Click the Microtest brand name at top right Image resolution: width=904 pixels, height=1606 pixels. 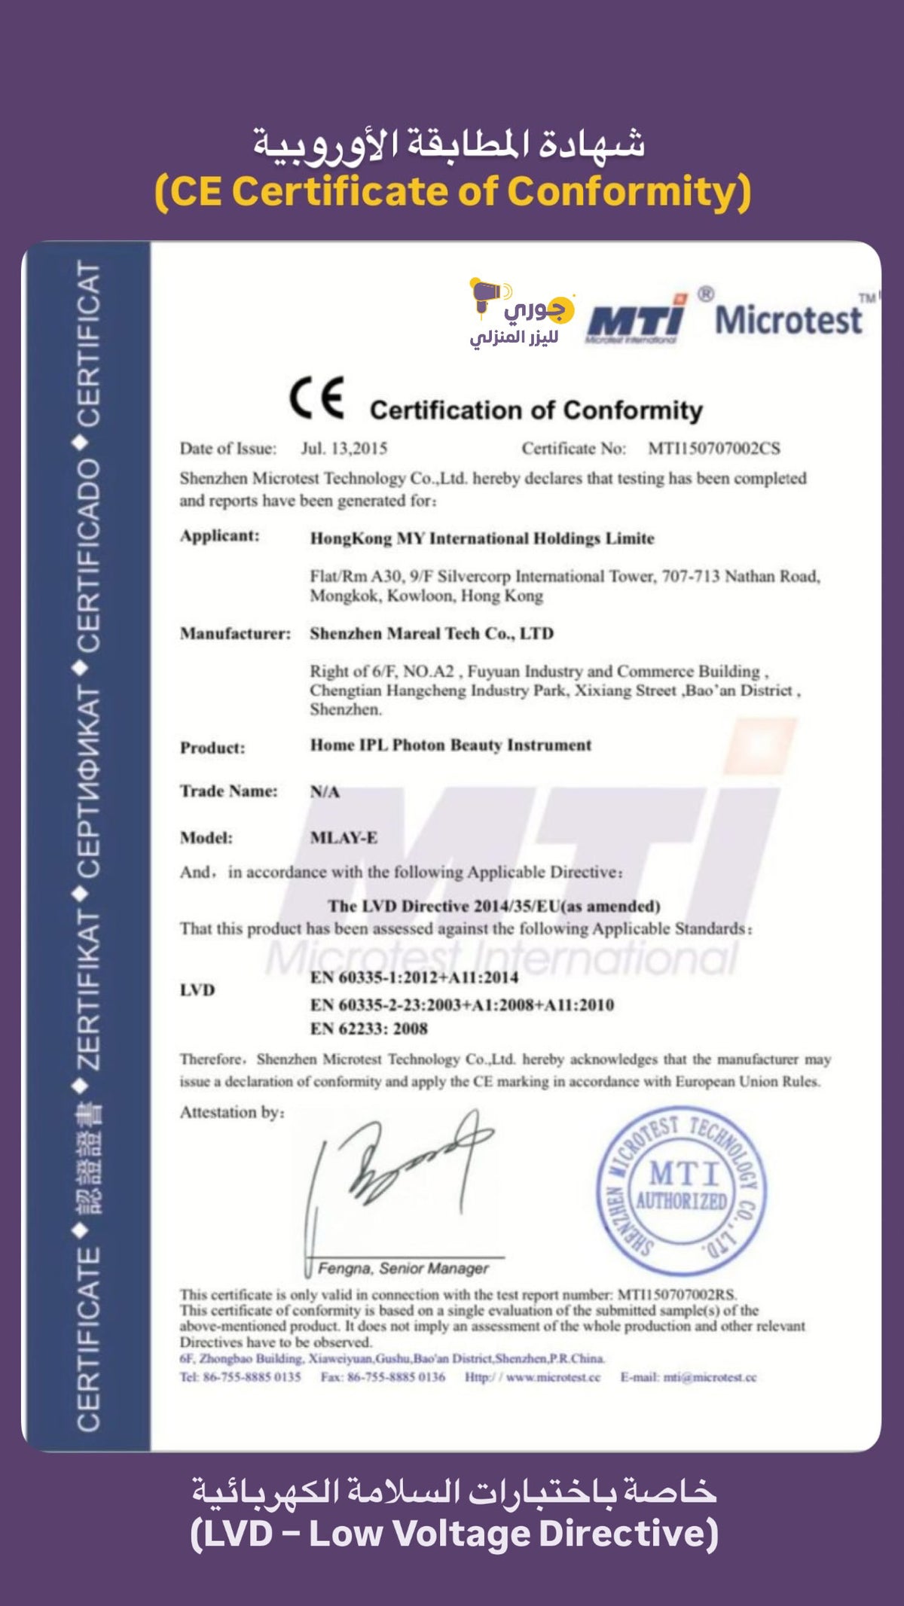tap(788, 319)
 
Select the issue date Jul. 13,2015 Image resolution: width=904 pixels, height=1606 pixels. tap(344, 449)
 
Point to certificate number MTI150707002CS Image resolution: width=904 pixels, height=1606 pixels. tap(713, 449)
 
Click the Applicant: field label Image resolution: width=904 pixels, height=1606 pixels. tap(219, 536)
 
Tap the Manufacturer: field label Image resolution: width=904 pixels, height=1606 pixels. tap(235, 633)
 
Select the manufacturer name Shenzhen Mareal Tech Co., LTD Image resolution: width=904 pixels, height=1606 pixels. tap(432, 633)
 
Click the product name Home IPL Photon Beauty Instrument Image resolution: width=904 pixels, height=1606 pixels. tap(450, 745)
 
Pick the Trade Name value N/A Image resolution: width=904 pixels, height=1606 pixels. tap(325, 791)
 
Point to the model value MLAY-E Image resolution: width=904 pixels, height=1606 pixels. tap(344, 837)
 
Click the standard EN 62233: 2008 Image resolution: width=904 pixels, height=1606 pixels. tap(369, 1029)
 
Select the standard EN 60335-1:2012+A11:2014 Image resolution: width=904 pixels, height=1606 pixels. tap(414, 977)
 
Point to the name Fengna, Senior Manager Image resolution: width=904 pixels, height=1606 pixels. tap(403, 1269)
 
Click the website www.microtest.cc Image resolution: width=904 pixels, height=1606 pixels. tap(553, 1377)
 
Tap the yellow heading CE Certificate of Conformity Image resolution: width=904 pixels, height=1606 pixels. tap(452, 191)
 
